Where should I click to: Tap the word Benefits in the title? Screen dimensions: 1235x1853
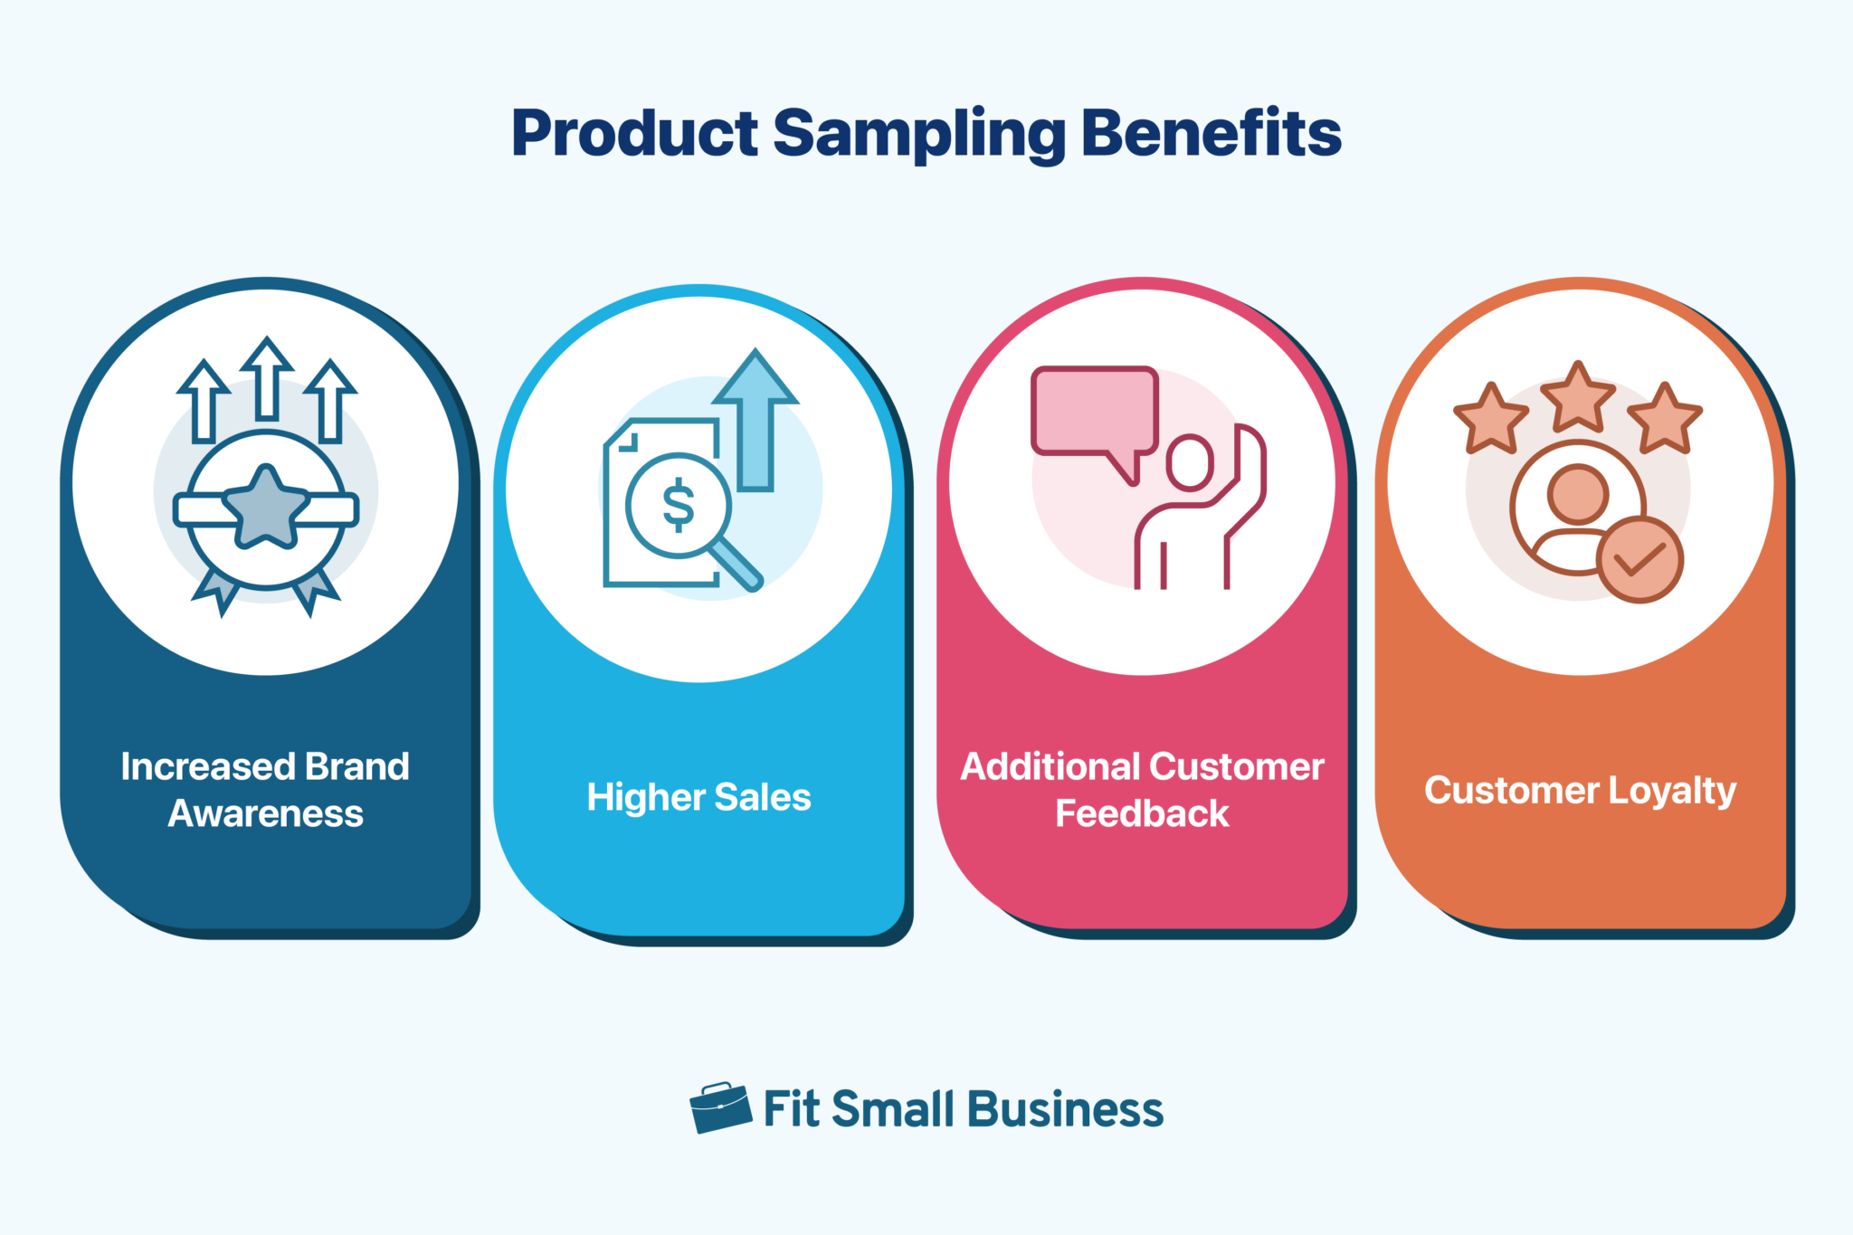click(1211, 132)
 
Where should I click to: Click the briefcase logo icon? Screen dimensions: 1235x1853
click(719, 1107)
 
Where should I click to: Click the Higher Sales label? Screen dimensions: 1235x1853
click(698, 797)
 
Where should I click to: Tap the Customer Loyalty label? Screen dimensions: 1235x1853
click(1580, 791)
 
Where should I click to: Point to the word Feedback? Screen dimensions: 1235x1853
click(1142, 813)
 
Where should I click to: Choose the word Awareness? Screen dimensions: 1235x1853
click(265, 813)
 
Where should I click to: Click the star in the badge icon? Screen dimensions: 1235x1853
click(265, 508)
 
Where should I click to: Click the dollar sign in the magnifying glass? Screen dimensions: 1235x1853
click(678, 504)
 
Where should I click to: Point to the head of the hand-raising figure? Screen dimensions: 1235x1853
click(1189, 462)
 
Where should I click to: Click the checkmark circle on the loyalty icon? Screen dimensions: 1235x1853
click(1639, 560)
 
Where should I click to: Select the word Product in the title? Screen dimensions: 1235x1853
click(634, 134)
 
